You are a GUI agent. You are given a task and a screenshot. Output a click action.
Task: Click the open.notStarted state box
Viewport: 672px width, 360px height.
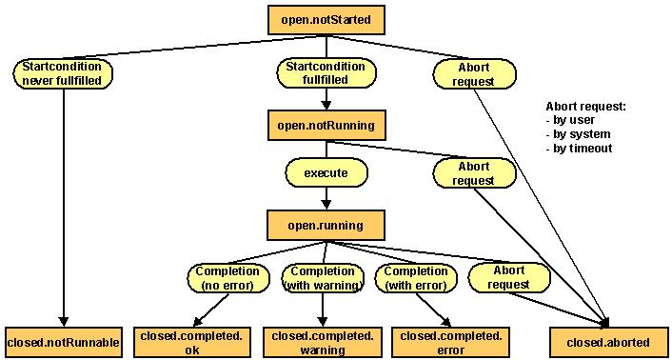point(326,17)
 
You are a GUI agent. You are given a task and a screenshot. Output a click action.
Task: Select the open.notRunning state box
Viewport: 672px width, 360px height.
point(326,125)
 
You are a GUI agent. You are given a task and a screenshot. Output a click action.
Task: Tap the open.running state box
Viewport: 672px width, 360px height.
point(326,225)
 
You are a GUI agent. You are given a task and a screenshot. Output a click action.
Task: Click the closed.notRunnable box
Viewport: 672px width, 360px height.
point(63,341)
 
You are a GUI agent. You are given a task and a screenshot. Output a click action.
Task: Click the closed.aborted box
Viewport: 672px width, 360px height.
point(607,341)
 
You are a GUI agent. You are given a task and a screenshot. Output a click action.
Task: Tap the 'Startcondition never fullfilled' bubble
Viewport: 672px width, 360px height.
point(63,73)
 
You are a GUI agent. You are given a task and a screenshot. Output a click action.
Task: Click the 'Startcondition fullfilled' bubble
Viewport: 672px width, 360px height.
point(326,73)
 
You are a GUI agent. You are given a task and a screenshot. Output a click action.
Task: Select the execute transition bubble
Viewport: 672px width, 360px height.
point(326,174)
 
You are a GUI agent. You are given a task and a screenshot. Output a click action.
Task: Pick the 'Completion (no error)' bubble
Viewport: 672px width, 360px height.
point(226,277)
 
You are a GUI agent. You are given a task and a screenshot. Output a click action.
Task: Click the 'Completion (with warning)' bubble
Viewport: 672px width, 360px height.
point(323,277)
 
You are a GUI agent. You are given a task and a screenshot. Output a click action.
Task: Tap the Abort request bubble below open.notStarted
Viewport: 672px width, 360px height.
point(474,73)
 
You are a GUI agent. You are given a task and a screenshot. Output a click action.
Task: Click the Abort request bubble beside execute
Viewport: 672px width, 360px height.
point(474,172)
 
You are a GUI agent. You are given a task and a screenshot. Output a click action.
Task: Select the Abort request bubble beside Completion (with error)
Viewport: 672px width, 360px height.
point(509,277)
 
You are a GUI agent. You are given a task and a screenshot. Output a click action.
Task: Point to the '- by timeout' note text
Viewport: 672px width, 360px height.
point(579,148)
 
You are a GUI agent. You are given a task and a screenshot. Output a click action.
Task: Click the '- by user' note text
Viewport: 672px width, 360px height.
point(571,121)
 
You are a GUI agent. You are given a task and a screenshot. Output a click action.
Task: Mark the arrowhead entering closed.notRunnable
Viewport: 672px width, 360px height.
point(63,320)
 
